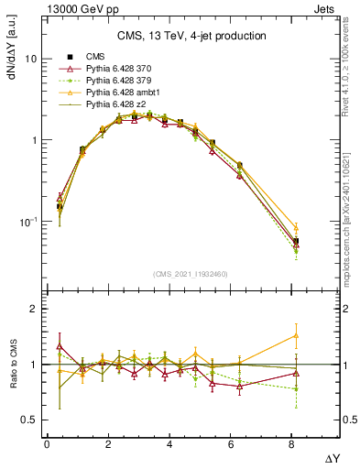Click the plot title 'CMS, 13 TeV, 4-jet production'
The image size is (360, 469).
click(x=191, y=36)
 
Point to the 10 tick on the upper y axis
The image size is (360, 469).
click(x=29, y=59)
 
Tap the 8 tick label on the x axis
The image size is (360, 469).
click(x=292, y=444)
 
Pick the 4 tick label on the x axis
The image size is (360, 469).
click(x=169, y=444)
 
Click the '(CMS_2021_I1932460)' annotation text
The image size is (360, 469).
click(x=191, y=273)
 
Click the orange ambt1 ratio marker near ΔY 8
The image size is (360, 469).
click(x=295, y=335)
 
